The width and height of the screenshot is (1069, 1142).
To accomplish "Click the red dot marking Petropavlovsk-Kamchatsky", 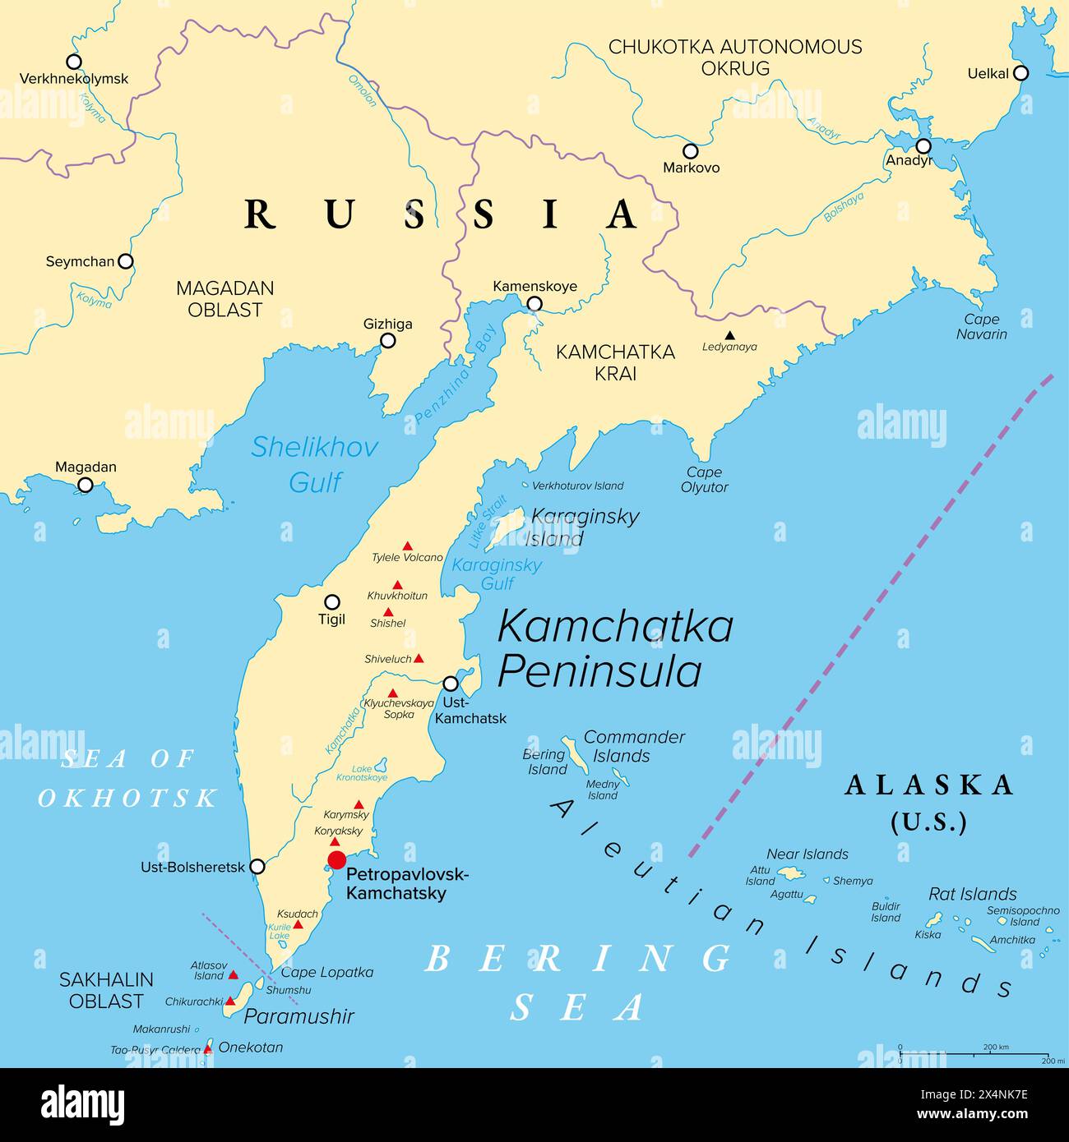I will point(336,860).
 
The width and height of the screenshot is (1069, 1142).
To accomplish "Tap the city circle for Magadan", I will point(86,485).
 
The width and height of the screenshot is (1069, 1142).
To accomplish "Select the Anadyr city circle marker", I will point(923,146).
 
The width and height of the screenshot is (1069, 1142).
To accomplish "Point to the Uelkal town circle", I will point(1020,73).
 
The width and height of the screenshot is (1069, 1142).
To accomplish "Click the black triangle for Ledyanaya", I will point(729,335).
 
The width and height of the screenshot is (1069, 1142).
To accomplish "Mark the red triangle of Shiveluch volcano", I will point(419,658).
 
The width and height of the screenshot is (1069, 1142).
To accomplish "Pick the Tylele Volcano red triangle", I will point(407,546).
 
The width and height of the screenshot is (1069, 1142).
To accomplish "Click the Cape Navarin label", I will point(981,326).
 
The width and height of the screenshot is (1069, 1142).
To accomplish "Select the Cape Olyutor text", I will point(704,480).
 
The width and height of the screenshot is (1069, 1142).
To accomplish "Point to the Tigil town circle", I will point(332,601).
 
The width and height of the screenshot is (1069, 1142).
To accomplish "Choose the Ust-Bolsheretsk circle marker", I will point(257,866).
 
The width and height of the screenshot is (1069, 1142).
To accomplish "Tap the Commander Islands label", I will point(634,746).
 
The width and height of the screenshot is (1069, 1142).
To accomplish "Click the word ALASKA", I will point(929,785).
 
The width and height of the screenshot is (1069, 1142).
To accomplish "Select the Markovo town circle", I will point(691,151).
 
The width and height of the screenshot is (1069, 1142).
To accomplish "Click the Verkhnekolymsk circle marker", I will point(74,62).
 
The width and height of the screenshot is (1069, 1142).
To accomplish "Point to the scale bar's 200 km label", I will point(996,1047).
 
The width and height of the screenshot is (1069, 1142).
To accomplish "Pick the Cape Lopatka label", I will point(327,972).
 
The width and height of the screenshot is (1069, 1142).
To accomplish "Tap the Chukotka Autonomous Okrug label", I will point(735,58).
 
